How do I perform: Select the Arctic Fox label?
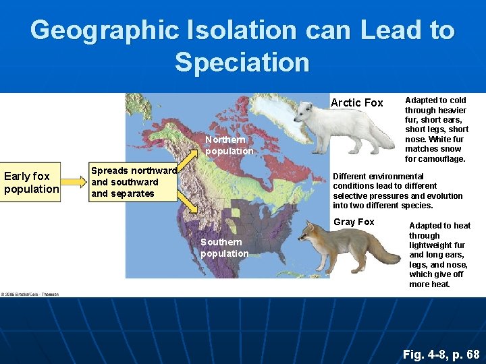[x=356, y=102]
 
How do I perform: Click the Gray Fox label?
[x=354, y=222]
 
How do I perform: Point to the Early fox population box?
[x=31, y=183]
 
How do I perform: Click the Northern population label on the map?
[x=230, y=146]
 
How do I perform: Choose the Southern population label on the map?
[x=225, y=247]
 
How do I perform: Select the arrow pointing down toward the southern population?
[x=190, y=202]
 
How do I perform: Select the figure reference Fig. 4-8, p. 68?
[x=441, y=354]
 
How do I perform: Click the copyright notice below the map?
[x=30, y=294]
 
